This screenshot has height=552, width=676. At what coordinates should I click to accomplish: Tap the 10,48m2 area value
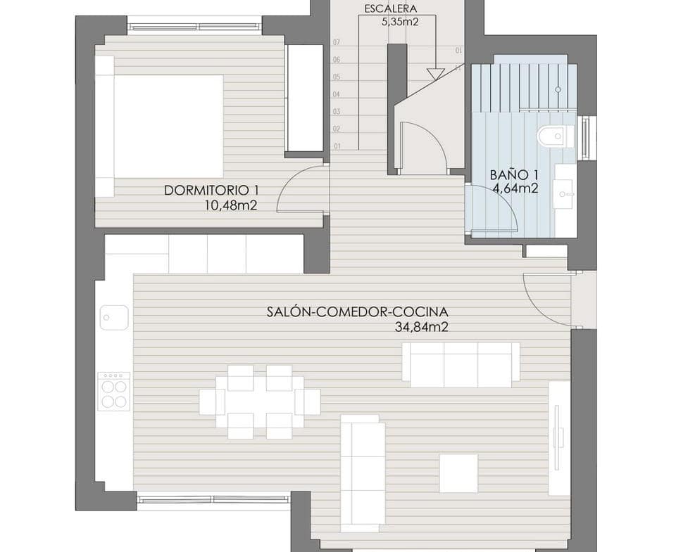click(231, 206)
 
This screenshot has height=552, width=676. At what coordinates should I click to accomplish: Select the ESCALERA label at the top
click(391, 9)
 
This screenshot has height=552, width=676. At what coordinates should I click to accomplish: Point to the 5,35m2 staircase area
click(400, 22)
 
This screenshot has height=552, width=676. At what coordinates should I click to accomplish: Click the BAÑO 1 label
click(514, 175)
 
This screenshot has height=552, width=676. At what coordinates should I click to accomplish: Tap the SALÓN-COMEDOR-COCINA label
click(358, 312)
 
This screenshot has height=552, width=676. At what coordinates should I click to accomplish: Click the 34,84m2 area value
click(422, 327)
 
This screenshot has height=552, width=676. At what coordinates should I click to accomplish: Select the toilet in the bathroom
click(556, 136)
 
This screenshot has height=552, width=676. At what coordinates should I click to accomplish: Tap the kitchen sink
click(114, 318)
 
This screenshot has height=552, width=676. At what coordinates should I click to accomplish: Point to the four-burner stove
click(114, 392)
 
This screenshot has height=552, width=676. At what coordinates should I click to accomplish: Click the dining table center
click(260, 402)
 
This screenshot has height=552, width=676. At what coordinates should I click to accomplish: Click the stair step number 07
click(337, 42)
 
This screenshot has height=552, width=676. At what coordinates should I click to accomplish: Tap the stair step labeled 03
click(337, 112)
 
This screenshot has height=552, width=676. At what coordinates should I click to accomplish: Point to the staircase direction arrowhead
click(435, 74)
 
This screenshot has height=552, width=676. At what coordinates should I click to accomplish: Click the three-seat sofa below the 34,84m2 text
click(461, 365)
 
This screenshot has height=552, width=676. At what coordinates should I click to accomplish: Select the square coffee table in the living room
click(458, 473)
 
